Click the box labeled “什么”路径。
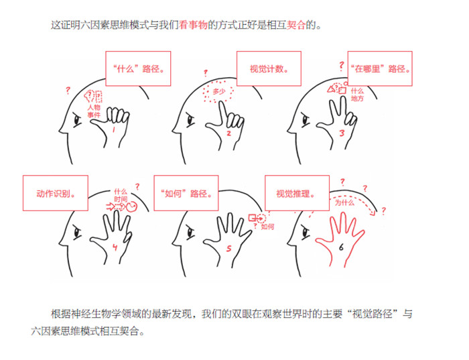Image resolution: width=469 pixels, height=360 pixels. tap(138, 68)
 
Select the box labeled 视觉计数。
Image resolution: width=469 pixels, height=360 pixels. tap(269, 68)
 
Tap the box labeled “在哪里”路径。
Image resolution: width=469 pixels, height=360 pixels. tap(380, 68)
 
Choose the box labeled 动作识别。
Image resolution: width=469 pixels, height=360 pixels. tap(56, 193)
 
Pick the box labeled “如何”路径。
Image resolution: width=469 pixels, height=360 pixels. tap(186, 193)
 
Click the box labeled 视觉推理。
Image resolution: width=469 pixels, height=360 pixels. tap(297, 193)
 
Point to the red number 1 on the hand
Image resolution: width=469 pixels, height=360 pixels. tap(114, 129)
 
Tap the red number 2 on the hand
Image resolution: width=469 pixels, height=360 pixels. tap(229, 133)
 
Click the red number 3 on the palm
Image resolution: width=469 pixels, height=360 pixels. tap(342, 133)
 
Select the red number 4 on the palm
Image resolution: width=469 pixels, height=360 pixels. tap(115, 247)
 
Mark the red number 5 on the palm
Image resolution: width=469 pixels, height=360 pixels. tap(229, 248)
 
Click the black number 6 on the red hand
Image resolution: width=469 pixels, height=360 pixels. tap(341, 247)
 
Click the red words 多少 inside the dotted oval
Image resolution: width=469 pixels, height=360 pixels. tap(218, 92)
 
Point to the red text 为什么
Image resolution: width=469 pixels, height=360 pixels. tap(344, 202)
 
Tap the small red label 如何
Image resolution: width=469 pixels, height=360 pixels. tap(267, 227)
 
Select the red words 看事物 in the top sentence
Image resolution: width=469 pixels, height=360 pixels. tap(193, 25)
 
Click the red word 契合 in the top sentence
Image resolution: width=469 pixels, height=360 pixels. tap(296, 25)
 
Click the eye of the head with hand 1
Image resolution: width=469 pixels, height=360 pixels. tap(78, 121)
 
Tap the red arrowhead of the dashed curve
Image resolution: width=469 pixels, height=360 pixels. tap(373, 213)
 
